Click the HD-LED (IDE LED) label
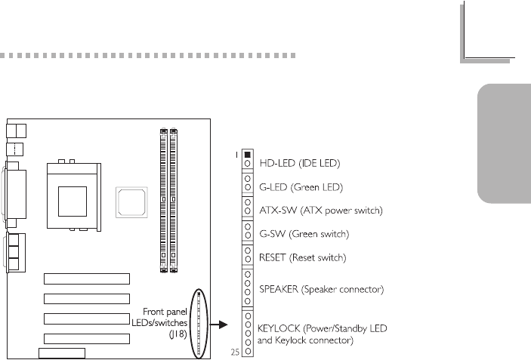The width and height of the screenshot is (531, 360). (x=300, y=163)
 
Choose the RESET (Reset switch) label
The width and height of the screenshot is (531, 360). (x=303, y=258)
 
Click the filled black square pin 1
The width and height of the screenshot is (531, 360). (x=248, y=156)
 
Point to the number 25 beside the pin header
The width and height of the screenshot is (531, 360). (x=235, y=352)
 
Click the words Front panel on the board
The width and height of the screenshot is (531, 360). (x=163, y=311)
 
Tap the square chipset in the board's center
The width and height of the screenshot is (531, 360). (x=129, y=202)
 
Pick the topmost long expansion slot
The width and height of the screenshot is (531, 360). (x=86, y=278)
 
